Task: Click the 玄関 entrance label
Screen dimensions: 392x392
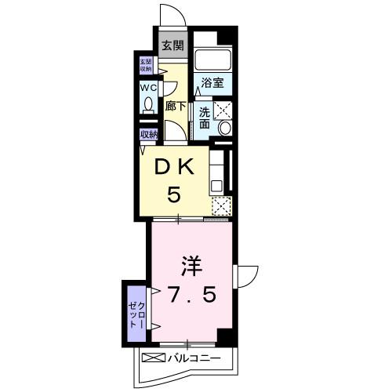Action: pos(172,45)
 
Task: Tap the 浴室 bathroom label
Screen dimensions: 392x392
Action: pos(211,82)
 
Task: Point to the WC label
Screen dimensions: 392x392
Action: pos(148,89)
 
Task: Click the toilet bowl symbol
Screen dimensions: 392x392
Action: pos(147,106)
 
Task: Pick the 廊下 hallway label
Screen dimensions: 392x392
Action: pos(175,106)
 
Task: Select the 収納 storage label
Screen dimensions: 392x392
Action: pos(148,134)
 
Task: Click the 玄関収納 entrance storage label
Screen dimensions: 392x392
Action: pos(147,65)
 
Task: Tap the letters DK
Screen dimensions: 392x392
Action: pos(176,166)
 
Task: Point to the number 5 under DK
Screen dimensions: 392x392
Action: pos(176,194)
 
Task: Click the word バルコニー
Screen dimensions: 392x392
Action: pos(193,359)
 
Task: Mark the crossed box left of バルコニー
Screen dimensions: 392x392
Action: pos(152,359)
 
